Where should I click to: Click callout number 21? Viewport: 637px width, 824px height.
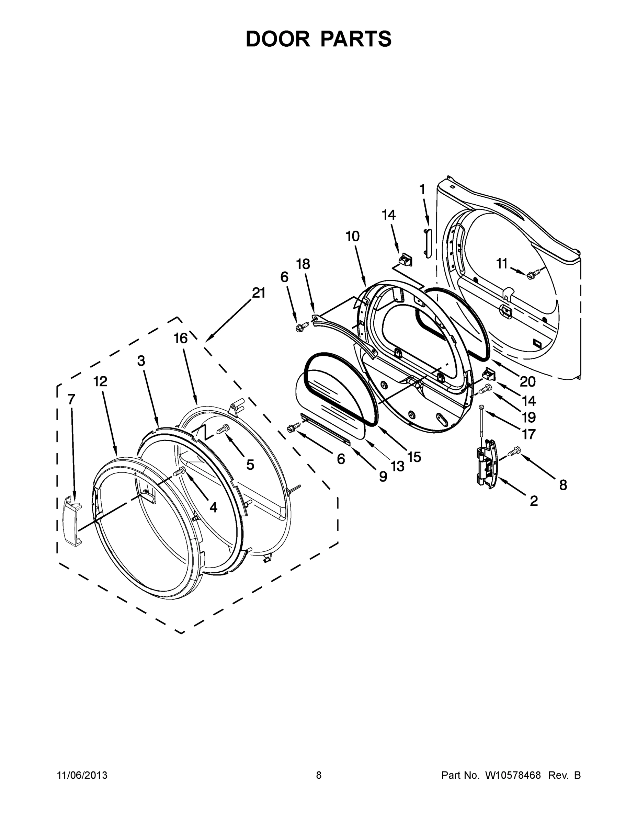[x=259, y=293]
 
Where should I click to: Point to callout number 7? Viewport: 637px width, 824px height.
[x=71, y=399]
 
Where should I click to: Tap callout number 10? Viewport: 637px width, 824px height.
[x=352, y=237]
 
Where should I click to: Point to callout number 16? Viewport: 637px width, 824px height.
[x=181, y=339]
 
